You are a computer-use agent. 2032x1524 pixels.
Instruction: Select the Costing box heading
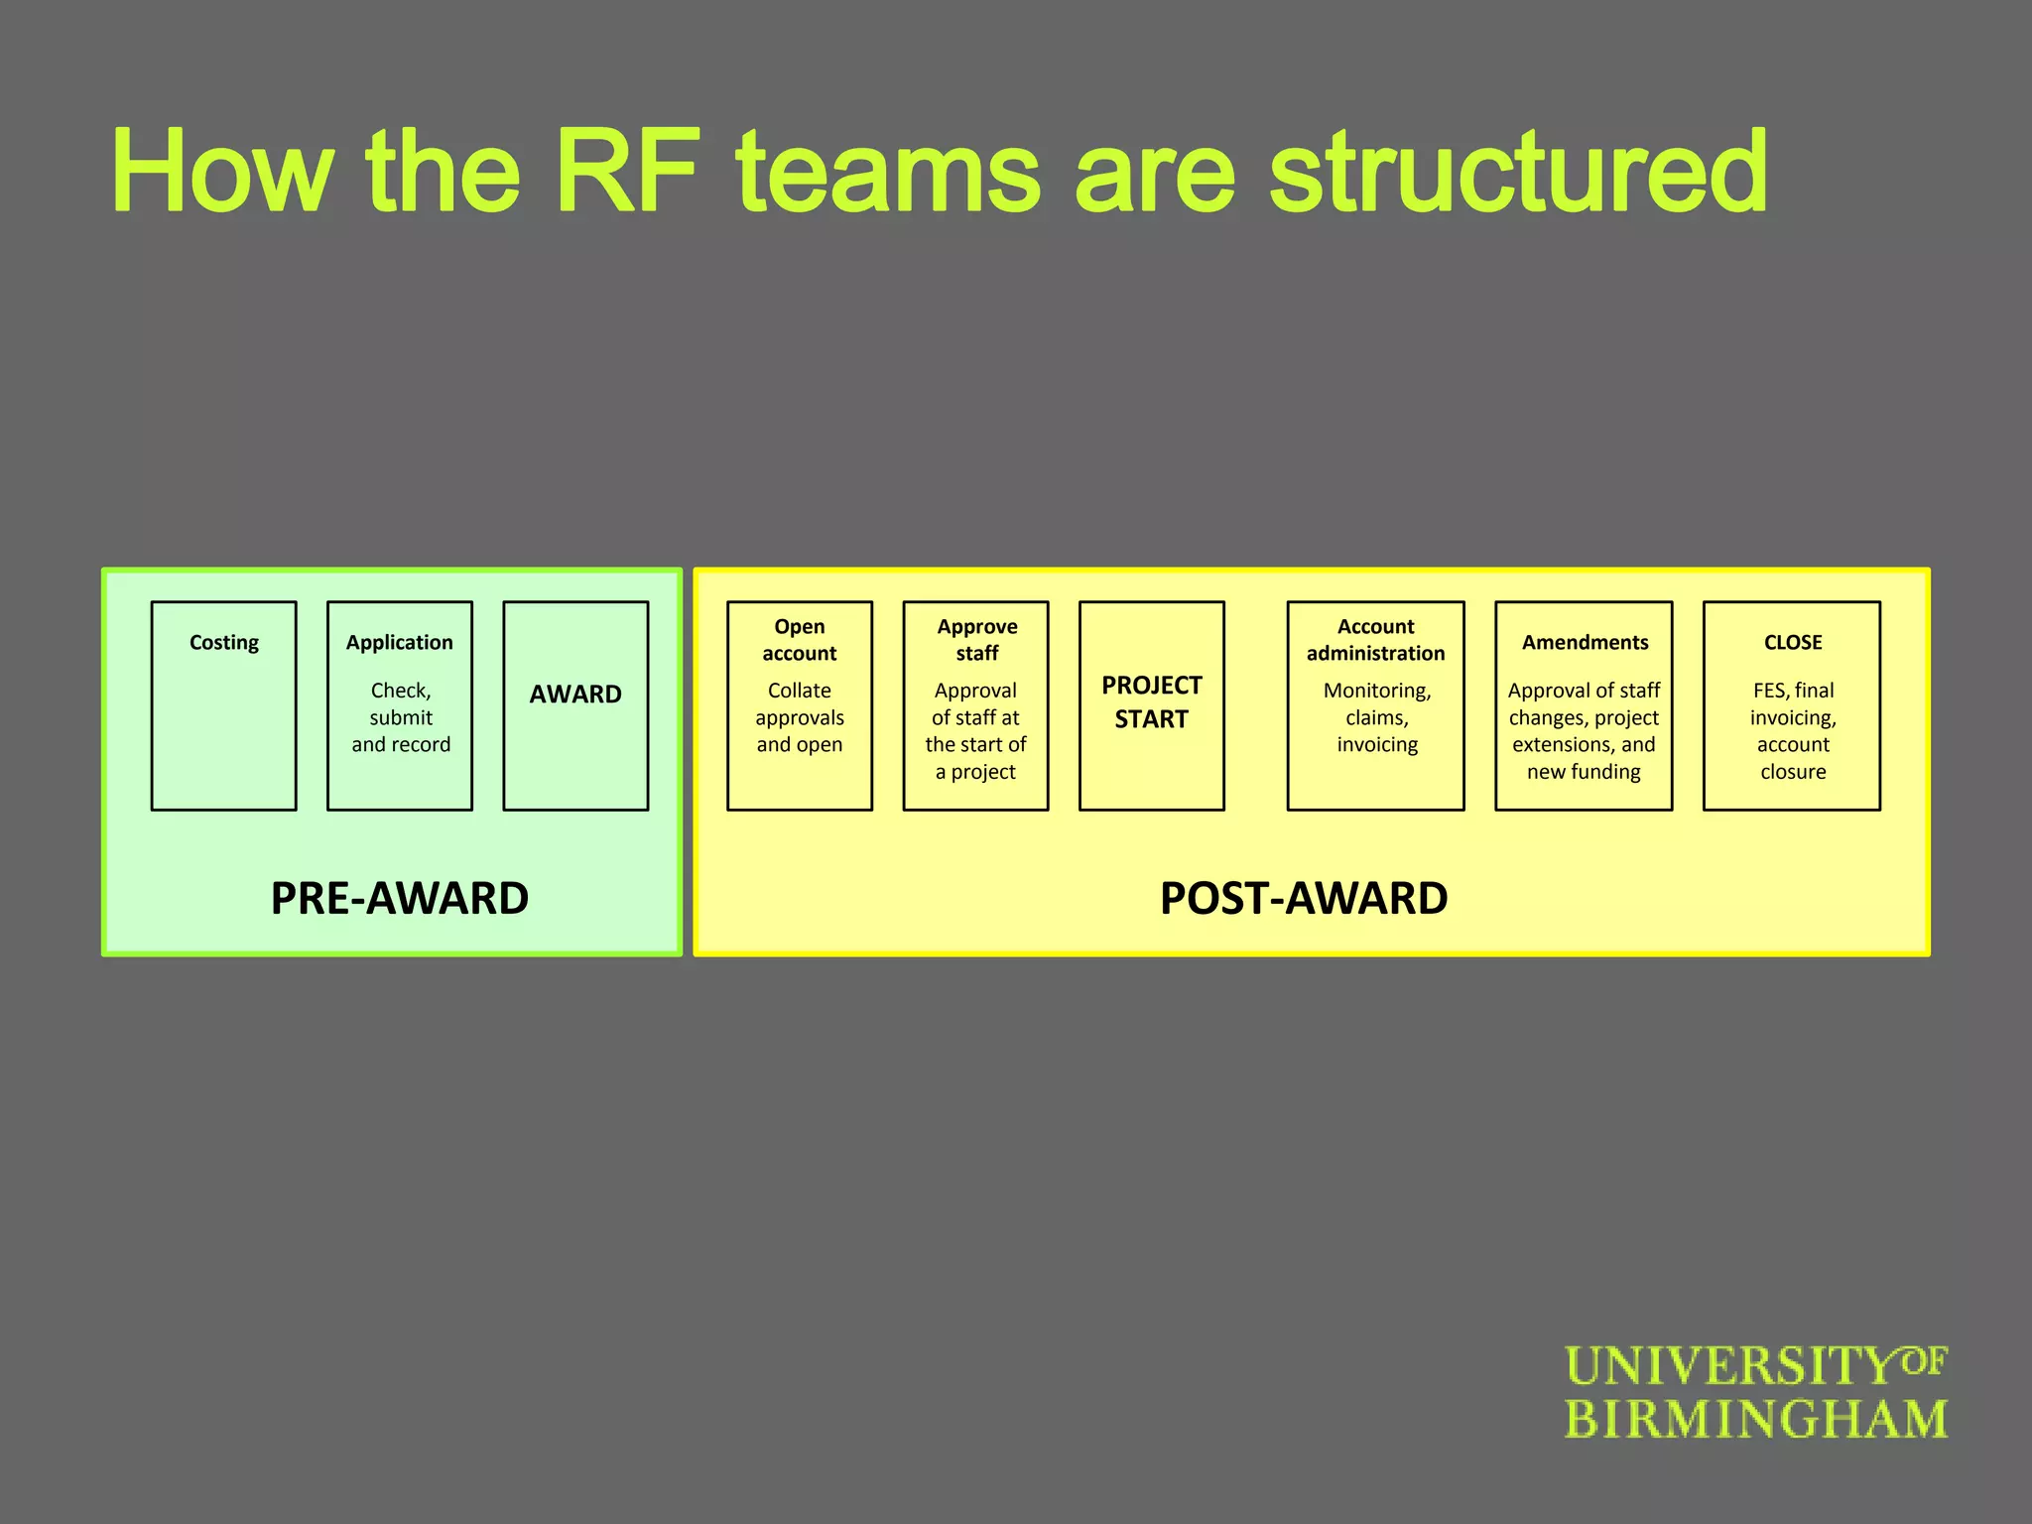tap(224, 643)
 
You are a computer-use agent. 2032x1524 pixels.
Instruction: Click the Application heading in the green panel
tap(400, 643)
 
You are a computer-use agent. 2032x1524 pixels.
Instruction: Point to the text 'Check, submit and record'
tap(401, 717)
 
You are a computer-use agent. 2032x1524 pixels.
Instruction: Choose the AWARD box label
tap(575, 695)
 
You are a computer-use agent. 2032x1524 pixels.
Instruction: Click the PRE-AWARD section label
tap(400, 898)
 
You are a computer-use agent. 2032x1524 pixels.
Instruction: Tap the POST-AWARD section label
tap(1304, 898)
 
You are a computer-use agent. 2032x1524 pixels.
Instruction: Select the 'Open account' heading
tap(800, 640)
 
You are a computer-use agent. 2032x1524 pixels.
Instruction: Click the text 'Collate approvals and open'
tap(800, 717)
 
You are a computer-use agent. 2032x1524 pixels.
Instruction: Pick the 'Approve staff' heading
tap(977, 640)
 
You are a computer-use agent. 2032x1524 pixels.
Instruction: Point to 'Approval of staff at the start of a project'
tap(975, 731)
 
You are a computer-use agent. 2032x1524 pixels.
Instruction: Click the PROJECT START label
tap(1151, 702)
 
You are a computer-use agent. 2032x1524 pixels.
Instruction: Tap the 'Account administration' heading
tap(1376, 640)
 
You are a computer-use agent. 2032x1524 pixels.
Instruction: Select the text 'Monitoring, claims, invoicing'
tap(1377, 717)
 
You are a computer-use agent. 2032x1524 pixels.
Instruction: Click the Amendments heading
tap(1586, 643)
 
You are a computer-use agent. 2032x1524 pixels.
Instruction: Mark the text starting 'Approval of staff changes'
tap(1585, 731)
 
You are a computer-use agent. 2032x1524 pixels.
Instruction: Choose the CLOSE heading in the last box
tap(1793, 643)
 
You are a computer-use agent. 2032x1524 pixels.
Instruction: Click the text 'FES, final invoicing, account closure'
tap(1793, 731)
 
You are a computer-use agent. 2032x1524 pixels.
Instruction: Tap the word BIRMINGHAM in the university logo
tap(1756, 1420)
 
